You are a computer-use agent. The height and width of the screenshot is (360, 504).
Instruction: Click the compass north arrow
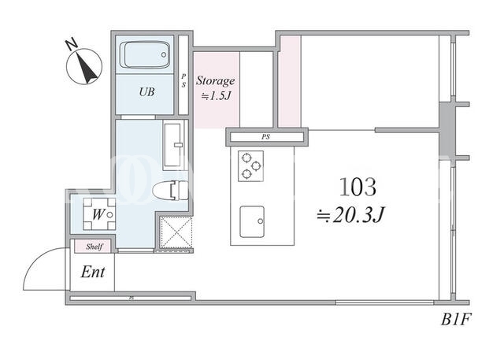pos(87,69)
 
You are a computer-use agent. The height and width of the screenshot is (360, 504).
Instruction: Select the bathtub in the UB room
pos(145,55)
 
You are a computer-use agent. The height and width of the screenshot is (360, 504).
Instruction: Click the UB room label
pos(146,92)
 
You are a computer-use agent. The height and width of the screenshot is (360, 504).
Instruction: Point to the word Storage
pos(215,80)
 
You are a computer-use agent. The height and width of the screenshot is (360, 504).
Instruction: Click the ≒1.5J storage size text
pos(216,96)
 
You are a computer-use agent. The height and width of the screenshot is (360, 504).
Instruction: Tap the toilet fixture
pos(170,191)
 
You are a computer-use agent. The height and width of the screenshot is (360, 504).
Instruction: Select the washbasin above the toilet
pos(174,145)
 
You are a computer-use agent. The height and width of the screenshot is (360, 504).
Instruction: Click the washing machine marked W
pos(99,214)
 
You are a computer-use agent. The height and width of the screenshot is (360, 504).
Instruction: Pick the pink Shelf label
pos(94,247)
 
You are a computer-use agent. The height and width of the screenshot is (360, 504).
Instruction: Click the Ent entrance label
pos(93,273)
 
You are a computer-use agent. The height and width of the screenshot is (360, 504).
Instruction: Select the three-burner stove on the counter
pos(250,166)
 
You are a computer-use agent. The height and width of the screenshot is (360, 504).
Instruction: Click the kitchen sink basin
pos(252,222)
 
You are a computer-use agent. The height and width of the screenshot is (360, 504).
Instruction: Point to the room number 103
pos(358,187)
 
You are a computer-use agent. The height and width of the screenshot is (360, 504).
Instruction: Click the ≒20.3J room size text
pos(350,215)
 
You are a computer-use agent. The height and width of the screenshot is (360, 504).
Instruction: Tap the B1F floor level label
pos(455,320)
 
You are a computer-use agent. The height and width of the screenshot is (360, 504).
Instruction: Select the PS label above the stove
pos(265,137)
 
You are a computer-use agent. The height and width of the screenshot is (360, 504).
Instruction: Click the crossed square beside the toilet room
pos(176,232)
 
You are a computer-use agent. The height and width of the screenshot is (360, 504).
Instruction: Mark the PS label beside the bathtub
pos(183,80)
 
